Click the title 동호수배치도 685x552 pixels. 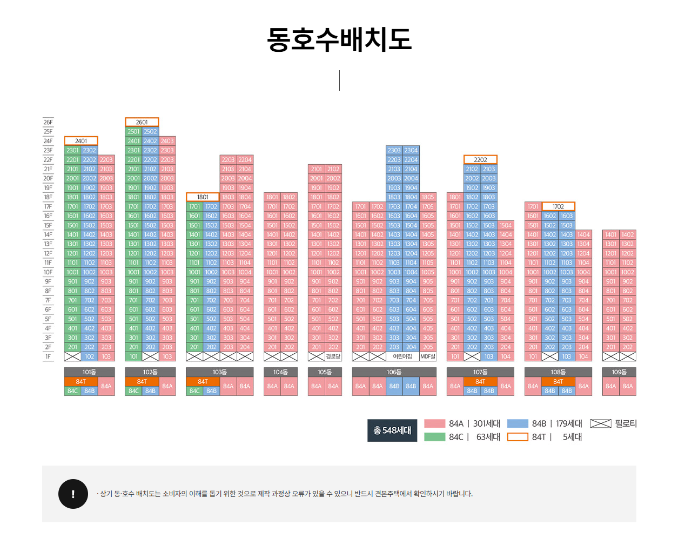tap(339, 39)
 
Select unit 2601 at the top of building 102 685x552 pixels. tap(142, 122)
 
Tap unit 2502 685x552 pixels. tap(151, 131)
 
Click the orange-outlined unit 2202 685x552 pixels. tap(480, 159)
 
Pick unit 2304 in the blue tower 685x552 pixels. tap(411, 150)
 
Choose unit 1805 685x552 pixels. tap(428, 197)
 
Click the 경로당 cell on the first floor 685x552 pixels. tap(333, 356)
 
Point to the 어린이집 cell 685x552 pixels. tap(402, 356)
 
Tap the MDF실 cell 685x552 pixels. tap(428, 356)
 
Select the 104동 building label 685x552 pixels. tap(280, 372)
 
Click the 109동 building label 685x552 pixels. tap(619, 372)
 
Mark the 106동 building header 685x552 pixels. tap(394, 372)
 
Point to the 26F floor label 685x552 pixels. tap(48, 122)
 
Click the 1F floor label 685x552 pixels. tap(48, 356)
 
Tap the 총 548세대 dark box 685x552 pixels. tap(392, 430)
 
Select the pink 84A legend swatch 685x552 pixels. tap(434, 423)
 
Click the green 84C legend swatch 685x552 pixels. tap(434, 437)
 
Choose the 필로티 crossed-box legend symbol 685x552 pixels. tap(600, 423)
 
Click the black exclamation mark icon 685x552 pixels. tap(73, 494)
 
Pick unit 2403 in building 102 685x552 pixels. tap(167, 141)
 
